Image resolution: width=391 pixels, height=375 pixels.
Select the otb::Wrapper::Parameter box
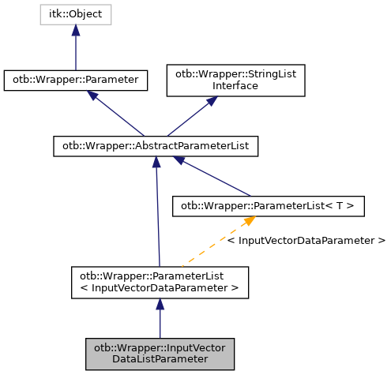click(75, 79)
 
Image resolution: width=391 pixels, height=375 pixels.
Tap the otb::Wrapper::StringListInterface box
click(235, 80)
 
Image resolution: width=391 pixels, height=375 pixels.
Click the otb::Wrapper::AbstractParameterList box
click(156, 146)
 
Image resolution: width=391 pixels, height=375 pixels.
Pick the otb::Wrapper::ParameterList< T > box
click(268, 207)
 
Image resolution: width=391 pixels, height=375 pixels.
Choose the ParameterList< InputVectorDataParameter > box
click(160, 282)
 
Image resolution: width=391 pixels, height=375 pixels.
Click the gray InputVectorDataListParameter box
click(160, 353)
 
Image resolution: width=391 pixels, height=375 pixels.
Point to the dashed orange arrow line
click(213, 245)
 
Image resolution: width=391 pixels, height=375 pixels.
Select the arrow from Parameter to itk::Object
click(75, 49)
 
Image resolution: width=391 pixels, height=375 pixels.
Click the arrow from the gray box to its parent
click(160, 320)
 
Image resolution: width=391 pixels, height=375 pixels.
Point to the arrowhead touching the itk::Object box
click(75, 30)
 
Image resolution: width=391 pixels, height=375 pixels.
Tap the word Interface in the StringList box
click(235, 85)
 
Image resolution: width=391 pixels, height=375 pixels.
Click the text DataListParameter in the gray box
click(160, 358)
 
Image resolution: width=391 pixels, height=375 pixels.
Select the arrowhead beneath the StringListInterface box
click(211, 103)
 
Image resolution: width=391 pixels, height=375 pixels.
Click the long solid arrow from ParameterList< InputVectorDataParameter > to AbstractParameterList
click(158, 213)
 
